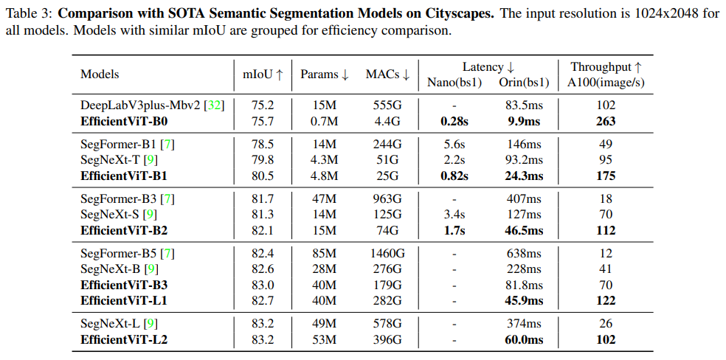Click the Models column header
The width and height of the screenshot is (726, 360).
(100, 75)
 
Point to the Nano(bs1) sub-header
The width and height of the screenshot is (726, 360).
(454, 82)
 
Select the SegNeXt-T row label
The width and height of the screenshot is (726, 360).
(111, 159)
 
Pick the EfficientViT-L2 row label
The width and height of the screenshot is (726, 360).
(124, 340)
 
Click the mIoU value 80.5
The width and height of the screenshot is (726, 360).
(263, 176)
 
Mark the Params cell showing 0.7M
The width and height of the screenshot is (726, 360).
(324, 120)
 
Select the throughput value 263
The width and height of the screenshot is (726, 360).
(605, 120)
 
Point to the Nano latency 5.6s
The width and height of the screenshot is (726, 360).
(454, 144)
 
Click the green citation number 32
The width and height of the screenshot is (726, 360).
(214, 105)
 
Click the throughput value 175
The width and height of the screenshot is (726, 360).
(605, 176)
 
